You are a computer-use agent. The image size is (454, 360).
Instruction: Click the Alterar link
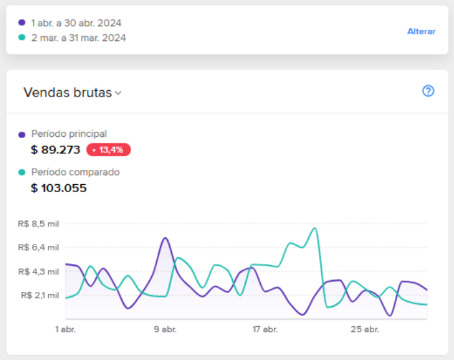click(422, 31)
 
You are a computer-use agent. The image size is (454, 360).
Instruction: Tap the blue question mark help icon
click(428, 91)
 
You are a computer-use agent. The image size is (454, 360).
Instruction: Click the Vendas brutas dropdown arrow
click(118, 93)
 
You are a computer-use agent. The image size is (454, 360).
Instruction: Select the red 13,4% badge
click(108, 150)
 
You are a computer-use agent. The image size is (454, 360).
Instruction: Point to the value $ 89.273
click(55, 150)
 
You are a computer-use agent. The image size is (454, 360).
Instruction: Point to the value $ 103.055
click(58, 188)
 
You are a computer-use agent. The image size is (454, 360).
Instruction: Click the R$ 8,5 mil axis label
click(38, 224)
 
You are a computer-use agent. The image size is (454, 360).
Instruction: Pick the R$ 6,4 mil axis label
click(38, 247)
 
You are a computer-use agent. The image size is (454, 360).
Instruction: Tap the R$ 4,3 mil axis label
click(38, 272)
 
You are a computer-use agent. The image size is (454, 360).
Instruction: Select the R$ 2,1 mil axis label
click(40, 295)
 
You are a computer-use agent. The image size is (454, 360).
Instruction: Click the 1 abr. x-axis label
click(66, 330)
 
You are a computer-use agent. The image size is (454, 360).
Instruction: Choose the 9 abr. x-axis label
click(165, 330)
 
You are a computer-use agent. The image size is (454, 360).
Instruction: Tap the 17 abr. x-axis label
click(265, 330)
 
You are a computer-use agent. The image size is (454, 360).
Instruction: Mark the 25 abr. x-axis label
click(364, 330)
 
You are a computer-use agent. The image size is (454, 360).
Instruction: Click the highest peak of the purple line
click(165, 238)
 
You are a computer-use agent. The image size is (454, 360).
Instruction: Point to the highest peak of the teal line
click(315, 228)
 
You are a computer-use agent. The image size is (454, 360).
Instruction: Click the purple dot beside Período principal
click(21, 135)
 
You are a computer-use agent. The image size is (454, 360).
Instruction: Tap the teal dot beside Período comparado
click(21, 173)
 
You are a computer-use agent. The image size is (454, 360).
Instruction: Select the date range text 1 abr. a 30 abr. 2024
click(76, 23)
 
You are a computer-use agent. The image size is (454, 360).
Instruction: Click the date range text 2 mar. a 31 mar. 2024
click(78, 38)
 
